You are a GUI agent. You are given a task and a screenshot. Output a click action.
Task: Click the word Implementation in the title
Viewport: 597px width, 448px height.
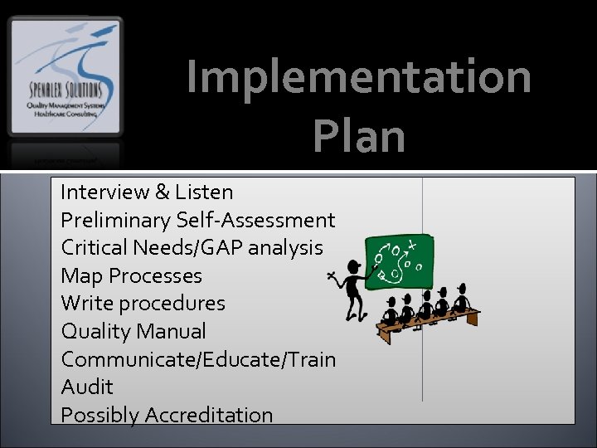(x=359, y=76)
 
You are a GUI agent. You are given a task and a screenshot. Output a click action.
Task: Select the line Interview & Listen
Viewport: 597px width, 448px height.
(x=147, y=192)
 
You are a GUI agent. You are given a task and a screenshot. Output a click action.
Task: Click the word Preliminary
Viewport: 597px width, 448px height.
(x=115, y=221)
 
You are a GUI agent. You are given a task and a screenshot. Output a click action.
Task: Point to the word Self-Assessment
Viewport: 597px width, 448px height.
(x=255, y=221)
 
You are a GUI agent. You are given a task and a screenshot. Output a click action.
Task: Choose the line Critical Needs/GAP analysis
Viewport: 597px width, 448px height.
(x=192, y=248)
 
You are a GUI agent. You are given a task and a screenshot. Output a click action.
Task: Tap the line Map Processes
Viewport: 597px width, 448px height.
(x=131, y=275)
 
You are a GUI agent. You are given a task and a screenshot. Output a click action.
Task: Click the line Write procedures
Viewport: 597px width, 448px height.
(x=143, y=304)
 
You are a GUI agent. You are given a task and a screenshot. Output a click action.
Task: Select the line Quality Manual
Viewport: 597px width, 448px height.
(x=133, y=332)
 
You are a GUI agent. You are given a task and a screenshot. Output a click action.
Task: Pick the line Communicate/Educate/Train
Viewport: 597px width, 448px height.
(x=198, y=360)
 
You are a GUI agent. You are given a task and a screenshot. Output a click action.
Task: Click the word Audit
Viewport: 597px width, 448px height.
(x=87, y=387)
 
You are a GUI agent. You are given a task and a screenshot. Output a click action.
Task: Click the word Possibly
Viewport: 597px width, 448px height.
(x=99, y=416)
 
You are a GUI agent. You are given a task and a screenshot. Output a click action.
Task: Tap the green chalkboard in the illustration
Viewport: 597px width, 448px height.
(x=400, y=259)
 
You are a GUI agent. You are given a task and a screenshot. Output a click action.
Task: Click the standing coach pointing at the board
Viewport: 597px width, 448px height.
(x=353, y=290)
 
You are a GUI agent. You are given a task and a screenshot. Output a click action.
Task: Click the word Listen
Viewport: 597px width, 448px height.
(x=205, y=192)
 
